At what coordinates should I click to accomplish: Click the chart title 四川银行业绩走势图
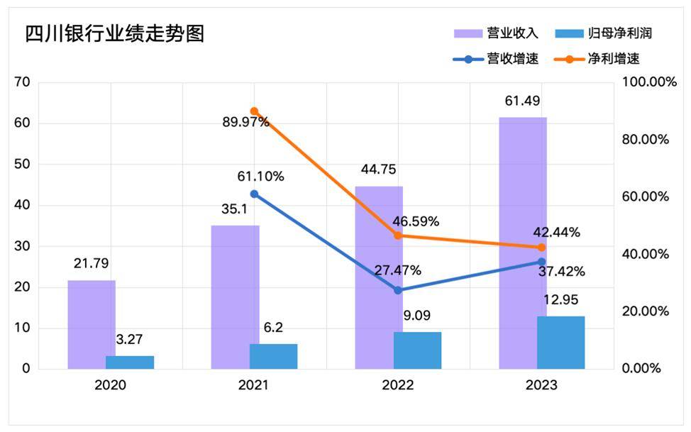pos(114,34)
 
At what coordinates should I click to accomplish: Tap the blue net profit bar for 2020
pos(130,362)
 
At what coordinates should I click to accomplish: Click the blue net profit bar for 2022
pos(417,350)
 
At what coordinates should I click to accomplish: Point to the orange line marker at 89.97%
pos(254,111)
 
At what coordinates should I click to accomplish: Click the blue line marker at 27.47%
pos(398,290)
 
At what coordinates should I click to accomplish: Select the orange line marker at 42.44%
pos(541,248)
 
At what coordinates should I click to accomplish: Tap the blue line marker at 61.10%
pos(254,194)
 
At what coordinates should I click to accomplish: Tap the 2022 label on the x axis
pos(398,386)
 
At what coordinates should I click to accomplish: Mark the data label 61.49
pos(523,100)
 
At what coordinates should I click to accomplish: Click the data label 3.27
pos(130,340)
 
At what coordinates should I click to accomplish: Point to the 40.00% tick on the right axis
pos(645,254)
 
